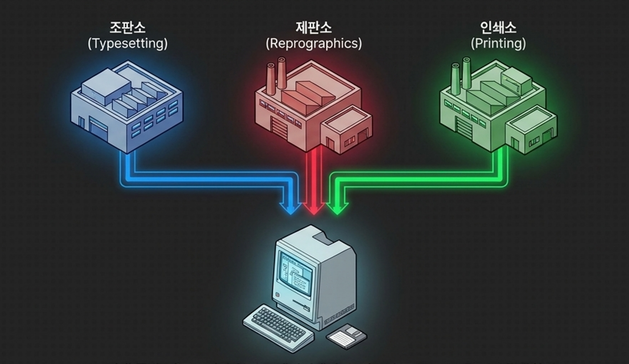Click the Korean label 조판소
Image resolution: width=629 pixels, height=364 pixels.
128,27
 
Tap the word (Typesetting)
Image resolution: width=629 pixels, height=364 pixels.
128,44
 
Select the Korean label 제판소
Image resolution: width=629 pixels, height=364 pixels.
314,27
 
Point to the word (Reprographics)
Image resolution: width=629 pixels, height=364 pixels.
314,44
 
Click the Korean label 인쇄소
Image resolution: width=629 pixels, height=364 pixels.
498,27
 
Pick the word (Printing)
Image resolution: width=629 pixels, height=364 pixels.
498,44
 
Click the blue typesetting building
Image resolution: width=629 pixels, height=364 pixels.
127,107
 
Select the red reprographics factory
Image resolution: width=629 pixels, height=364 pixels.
314,107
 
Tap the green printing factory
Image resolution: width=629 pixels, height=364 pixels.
499,107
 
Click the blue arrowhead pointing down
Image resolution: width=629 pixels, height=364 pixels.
290,208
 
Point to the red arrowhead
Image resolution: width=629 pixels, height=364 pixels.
314,208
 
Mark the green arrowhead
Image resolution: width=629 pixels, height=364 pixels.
337,208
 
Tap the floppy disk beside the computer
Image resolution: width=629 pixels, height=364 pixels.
346,336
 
